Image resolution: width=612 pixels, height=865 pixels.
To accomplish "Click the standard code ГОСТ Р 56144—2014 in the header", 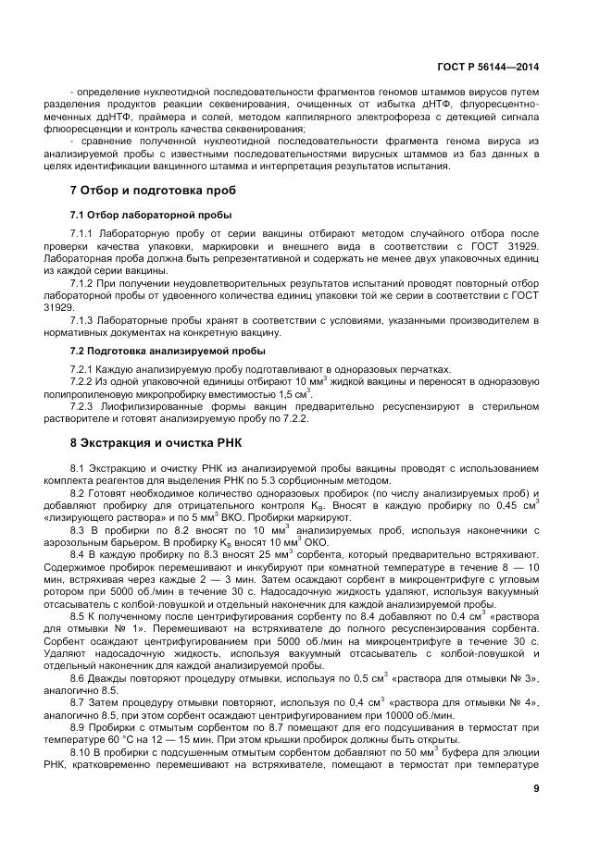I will coord(490,67).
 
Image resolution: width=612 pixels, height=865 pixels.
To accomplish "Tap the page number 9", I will coord(537,788).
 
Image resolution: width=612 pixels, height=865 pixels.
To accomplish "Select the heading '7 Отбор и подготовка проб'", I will coord(140,191).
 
